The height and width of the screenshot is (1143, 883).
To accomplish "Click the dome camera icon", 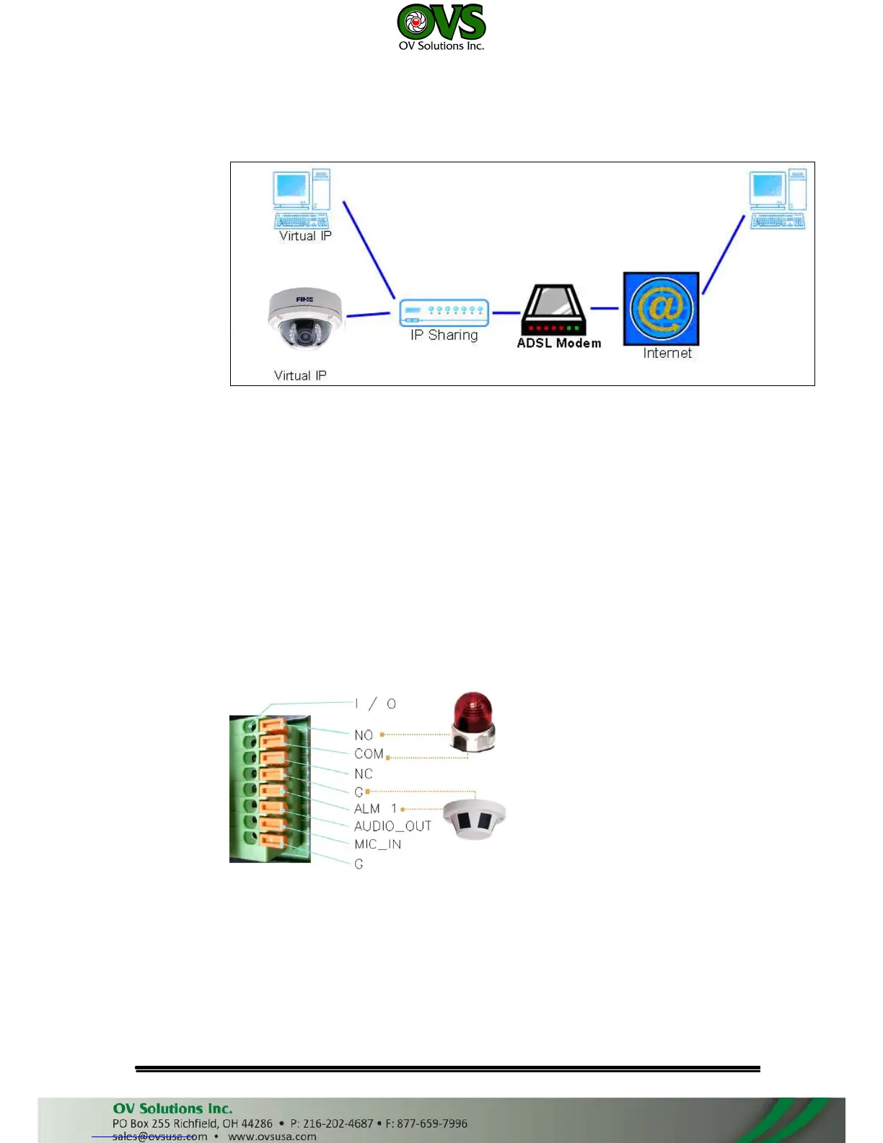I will coord(305,318).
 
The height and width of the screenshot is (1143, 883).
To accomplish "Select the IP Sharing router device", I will coord(444,312).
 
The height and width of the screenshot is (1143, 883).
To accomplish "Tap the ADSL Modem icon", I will coord(553,310).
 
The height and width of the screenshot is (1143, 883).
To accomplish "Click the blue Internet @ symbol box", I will coord(661,308).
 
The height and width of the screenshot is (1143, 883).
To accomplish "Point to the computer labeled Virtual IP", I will coord(302,199).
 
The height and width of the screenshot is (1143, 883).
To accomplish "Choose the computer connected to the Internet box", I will coord(777,200).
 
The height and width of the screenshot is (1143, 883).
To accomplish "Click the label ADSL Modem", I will coord(559,343).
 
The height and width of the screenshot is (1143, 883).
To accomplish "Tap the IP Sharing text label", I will coord(444,335).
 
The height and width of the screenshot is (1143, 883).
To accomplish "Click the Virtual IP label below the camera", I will coord(300,375).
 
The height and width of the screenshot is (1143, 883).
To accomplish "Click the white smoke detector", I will coord(474,819).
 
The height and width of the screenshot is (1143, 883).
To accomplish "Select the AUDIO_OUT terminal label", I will coord(392,826).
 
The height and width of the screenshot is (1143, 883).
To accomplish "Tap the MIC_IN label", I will coord(377,844).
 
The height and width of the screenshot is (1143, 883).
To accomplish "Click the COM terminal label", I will coord(369,754).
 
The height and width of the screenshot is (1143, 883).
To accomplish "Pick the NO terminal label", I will coord(364,735).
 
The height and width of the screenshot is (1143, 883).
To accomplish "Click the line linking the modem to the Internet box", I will coord(605,308).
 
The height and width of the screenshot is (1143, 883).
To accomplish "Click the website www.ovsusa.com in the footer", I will coord(272,1137).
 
